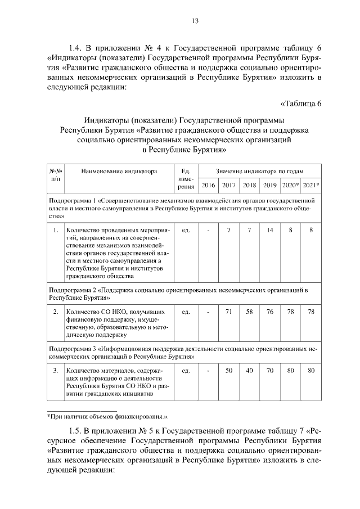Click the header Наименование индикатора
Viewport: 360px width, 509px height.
click(118, 171)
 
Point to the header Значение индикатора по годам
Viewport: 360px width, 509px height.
click(259, 171)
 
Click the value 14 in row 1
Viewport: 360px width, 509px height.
click(270, 230)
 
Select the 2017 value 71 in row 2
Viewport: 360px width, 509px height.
click(229, 312)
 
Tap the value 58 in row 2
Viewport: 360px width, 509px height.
click(249, 312)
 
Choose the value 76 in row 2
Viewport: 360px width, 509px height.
click(270, 312)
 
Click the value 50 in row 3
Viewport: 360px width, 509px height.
click(229, 371)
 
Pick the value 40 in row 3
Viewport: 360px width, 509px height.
click(249, 371)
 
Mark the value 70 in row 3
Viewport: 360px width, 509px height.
click(270, 371)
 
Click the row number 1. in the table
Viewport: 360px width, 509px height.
click(55, 230)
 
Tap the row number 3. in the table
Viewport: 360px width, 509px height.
click(55, 371)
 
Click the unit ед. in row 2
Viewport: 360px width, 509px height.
click(186, 312)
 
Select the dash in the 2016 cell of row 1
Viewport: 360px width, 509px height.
click(208, 230)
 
